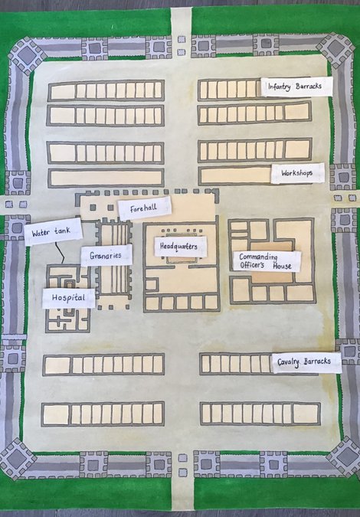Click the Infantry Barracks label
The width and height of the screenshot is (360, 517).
click(296, 87)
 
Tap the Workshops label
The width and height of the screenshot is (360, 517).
click(296, 174)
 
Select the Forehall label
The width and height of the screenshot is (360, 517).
click(144, 208)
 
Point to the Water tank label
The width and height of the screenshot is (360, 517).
click(52, 231)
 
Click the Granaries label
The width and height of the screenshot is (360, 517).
click(106, 255)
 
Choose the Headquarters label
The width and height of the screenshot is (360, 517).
click(181, 247)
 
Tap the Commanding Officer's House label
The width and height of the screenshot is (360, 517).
click(267, 261)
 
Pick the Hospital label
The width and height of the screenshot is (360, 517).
click(68, 297)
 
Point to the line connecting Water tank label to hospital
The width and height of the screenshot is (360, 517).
click(57, 254)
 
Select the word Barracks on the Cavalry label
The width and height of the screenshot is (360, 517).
click(319, 362)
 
